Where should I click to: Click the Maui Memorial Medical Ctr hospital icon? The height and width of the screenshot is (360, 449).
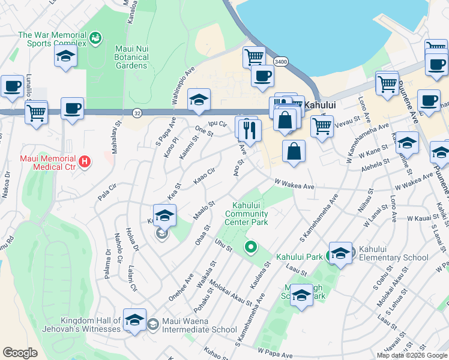85,161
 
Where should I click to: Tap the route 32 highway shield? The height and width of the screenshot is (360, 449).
137,112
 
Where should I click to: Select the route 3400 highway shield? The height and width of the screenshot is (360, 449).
280,62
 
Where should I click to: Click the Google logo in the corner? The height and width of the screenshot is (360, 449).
20,353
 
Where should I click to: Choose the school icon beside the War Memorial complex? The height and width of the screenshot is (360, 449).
65,58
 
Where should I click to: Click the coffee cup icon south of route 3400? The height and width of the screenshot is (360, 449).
262,76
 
